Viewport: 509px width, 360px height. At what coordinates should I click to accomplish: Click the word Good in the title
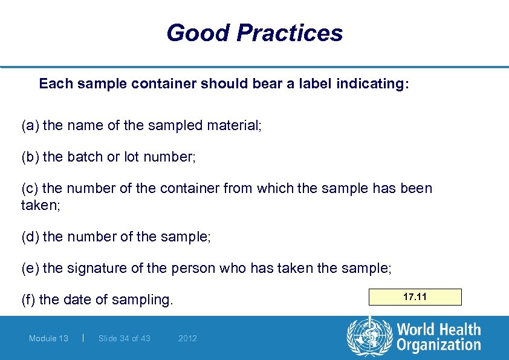[198, 33]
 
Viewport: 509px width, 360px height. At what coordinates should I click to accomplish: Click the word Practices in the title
[290, 33]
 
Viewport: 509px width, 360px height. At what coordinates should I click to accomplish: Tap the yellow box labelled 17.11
[415, 297]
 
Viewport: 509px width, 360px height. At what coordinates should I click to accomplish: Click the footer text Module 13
[48, 338]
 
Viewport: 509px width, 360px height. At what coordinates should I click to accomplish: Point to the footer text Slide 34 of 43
[124, 338]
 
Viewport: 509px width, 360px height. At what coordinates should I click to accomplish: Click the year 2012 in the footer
[187, 338]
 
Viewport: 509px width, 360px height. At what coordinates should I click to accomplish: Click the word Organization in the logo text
[438, 345]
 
